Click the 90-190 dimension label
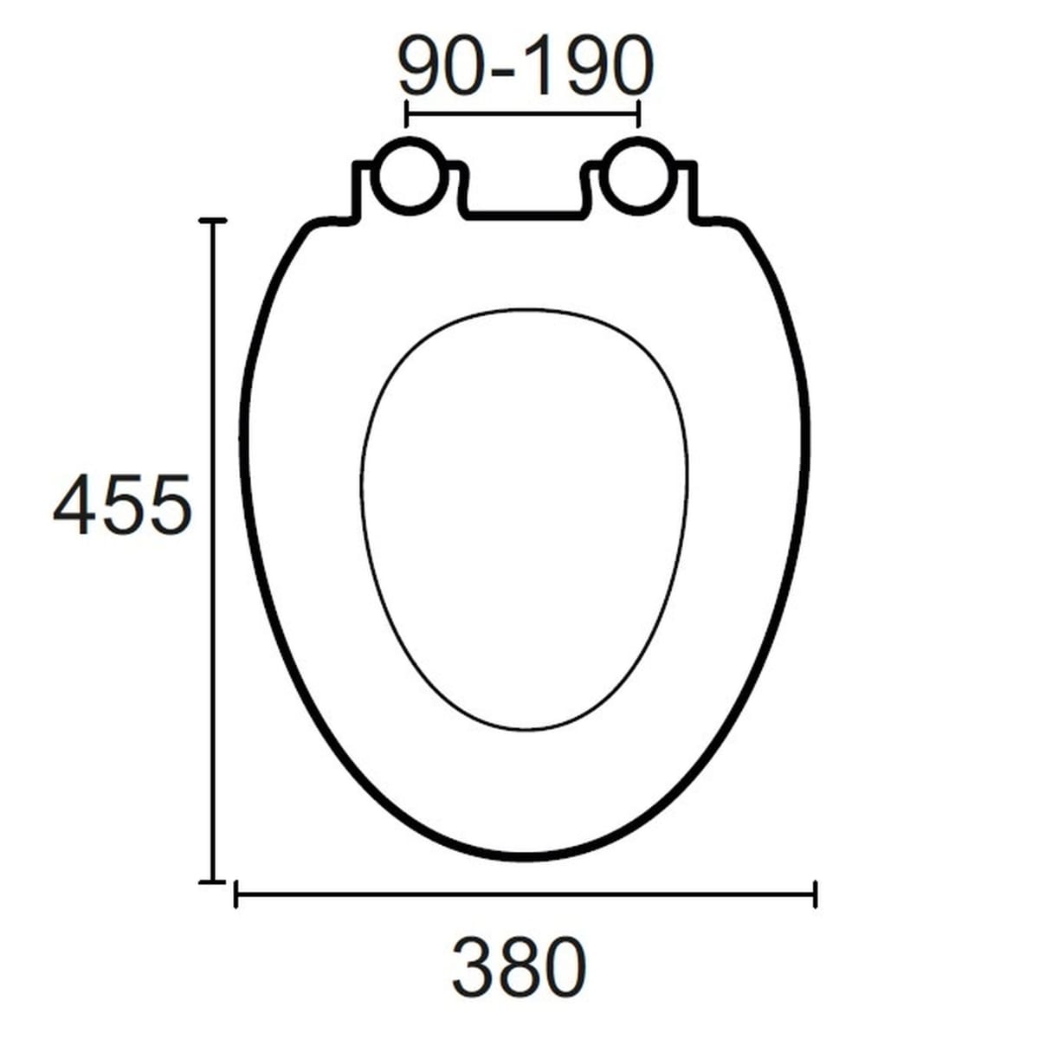[526, 65]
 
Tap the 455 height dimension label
[122, 504]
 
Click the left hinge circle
[410, 176]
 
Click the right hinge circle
[638, 176]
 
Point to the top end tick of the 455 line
[213, 220]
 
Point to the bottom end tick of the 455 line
[213, 882]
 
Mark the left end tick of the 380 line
[236, 895]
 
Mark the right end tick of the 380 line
[816, 895]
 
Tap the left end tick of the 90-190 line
[406, 113]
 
